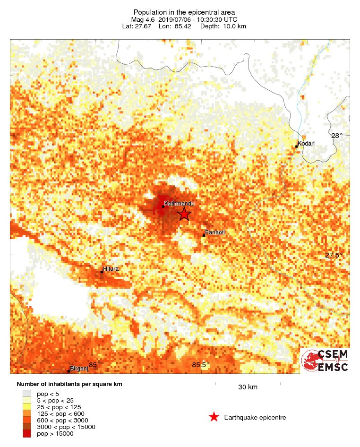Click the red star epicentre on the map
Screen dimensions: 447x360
tap(184, 214)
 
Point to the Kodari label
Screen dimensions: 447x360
tap(306, 143)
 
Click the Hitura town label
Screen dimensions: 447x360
tap(111, 269)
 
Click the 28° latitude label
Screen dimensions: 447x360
tap(337, 136)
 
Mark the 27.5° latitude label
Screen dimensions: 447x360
tap(334, 255)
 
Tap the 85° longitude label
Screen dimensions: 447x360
tap(95, 364)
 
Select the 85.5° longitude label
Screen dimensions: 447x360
tap(201, 364)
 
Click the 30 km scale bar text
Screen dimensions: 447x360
tap(248, 387)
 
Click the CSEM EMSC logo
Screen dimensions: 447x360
tap(326, 361)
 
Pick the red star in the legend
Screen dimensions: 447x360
tap(214, 417)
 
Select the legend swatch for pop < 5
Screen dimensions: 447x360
tap(27, 393)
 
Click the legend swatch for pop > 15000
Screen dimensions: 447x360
tap(27, 433)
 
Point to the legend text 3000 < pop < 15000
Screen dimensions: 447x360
tap(66, 427)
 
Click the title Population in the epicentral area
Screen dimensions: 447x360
tap(184, 12)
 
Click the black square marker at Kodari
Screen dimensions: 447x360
tap(296, 146)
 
